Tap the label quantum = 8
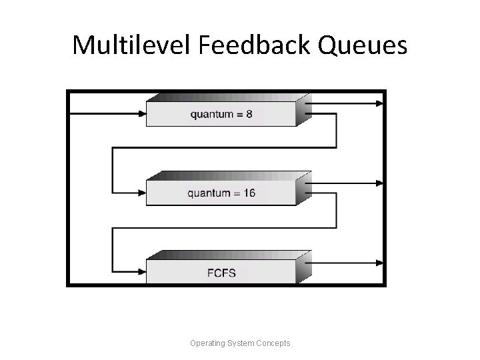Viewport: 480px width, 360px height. pos(221,114)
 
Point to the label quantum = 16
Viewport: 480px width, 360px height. pos(221,194)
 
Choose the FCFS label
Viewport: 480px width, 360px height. pos(221,273)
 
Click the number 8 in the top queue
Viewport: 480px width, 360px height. pos(249,114)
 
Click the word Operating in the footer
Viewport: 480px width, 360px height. pos(207,343)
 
